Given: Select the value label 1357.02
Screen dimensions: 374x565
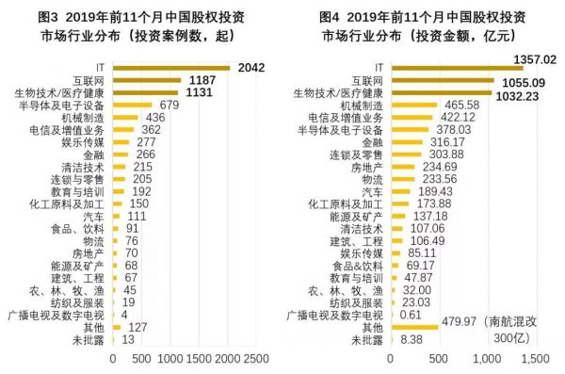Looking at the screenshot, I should [x=535, y=59].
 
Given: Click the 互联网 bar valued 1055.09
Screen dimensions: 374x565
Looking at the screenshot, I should [x=442, y=81].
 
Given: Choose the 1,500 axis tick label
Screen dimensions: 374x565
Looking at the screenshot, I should [x=534, y=359].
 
